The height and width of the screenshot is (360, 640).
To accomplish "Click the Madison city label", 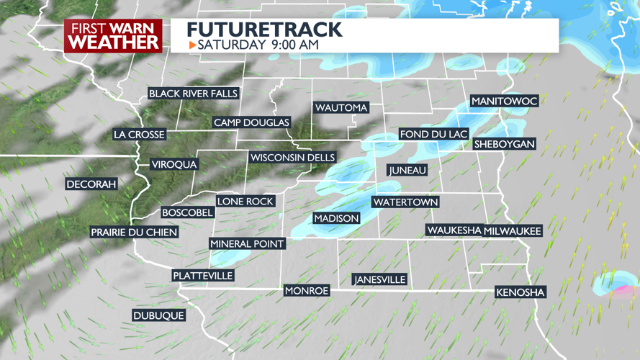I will (x=336, y=218).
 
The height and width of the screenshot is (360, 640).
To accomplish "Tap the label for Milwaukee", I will (x=513, y=230).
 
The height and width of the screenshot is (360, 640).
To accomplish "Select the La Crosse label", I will (x=140, y=135).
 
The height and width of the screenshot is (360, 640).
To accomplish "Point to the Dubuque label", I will (x=158, y=315).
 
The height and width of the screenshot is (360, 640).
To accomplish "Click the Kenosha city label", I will (x=520, y=292).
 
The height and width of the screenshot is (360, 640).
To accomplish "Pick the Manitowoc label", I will (x=504, y=101).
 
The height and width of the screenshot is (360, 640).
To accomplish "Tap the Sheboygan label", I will (x=505, y=144).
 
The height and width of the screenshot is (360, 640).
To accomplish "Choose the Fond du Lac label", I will (x=434, y=134).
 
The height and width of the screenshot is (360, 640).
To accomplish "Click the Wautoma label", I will (x=341, y=107).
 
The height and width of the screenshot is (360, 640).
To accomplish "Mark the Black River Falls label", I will (x=193, y=94).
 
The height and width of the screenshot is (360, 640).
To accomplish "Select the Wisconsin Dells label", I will (x=292, y=158).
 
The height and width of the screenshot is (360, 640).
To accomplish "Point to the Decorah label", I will (x=91, y=184).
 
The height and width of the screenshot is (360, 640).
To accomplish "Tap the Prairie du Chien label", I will (x=134, y=232).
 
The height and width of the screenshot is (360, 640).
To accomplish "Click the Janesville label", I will (x=379, y=279).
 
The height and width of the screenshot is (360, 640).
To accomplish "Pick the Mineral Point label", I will (x=247, y=243).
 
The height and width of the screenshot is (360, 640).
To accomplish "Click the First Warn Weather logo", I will (x=114, y=36).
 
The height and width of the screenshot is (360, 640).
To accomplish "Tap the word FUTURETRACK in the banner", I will (x=264, y=30).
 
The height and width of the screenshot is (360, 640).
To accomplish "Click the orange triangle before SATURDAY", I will (x=192, y=45).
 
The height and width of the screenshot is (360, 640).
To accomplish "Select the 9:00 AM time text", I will (x=294, y=45).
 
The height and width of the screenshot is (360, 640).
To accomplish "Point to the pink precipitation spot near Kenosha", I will (x=618, y=290).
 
